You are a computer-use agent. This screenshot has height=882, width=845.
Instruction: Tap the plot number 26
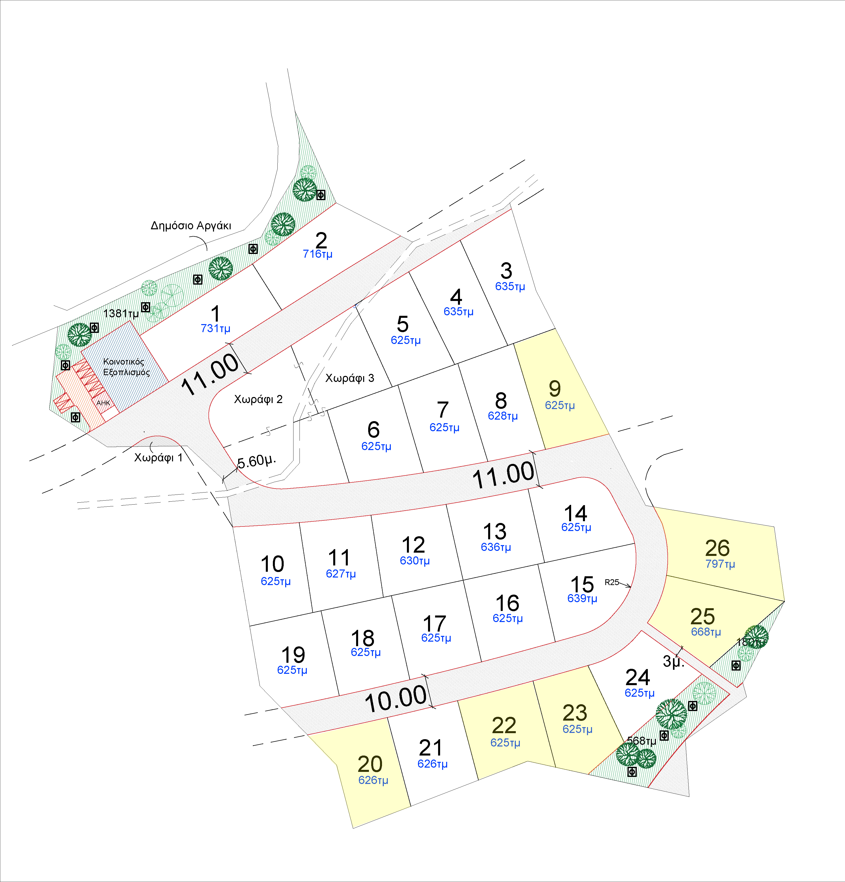click(717, 548)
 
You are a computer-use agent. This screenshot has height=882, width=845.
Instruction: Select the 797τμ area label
click(720, 564)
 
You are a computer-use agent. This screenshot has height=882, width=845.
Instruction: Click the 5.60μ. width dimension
click(256, 461)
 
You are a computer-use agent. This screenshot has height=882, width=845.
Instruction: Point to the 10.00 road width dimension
click(395, 699)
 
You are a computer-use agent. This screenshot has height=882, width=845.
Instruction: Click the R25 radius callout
click(612, 582)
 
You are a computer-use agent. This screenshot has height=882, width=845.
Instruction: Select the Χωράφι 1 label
click(158, 458)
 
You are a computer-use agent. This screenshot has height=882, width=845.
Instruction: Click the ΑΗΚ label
click(103, 403)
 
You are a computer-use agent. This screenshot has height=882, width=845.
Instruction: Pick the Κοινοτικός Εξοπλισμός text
click(126, 367)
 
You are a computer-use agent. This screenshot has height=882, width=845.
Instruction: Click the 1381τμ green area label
click(121, 314)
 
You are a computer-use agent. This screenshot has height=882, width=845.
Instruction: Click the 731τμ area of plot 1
click(215, 329)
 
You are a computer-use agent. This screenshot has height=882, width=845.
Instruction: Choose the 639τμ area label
click(582, 598)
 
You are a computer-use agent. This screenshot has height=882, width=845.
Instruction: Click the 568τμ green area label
click(641, 740)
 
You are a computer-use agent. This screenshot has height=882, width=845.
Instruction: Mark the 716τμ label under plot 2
click(317, 254)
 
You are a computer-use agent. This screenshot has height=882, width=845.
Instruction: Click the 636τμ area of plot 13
click(496, 547)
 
